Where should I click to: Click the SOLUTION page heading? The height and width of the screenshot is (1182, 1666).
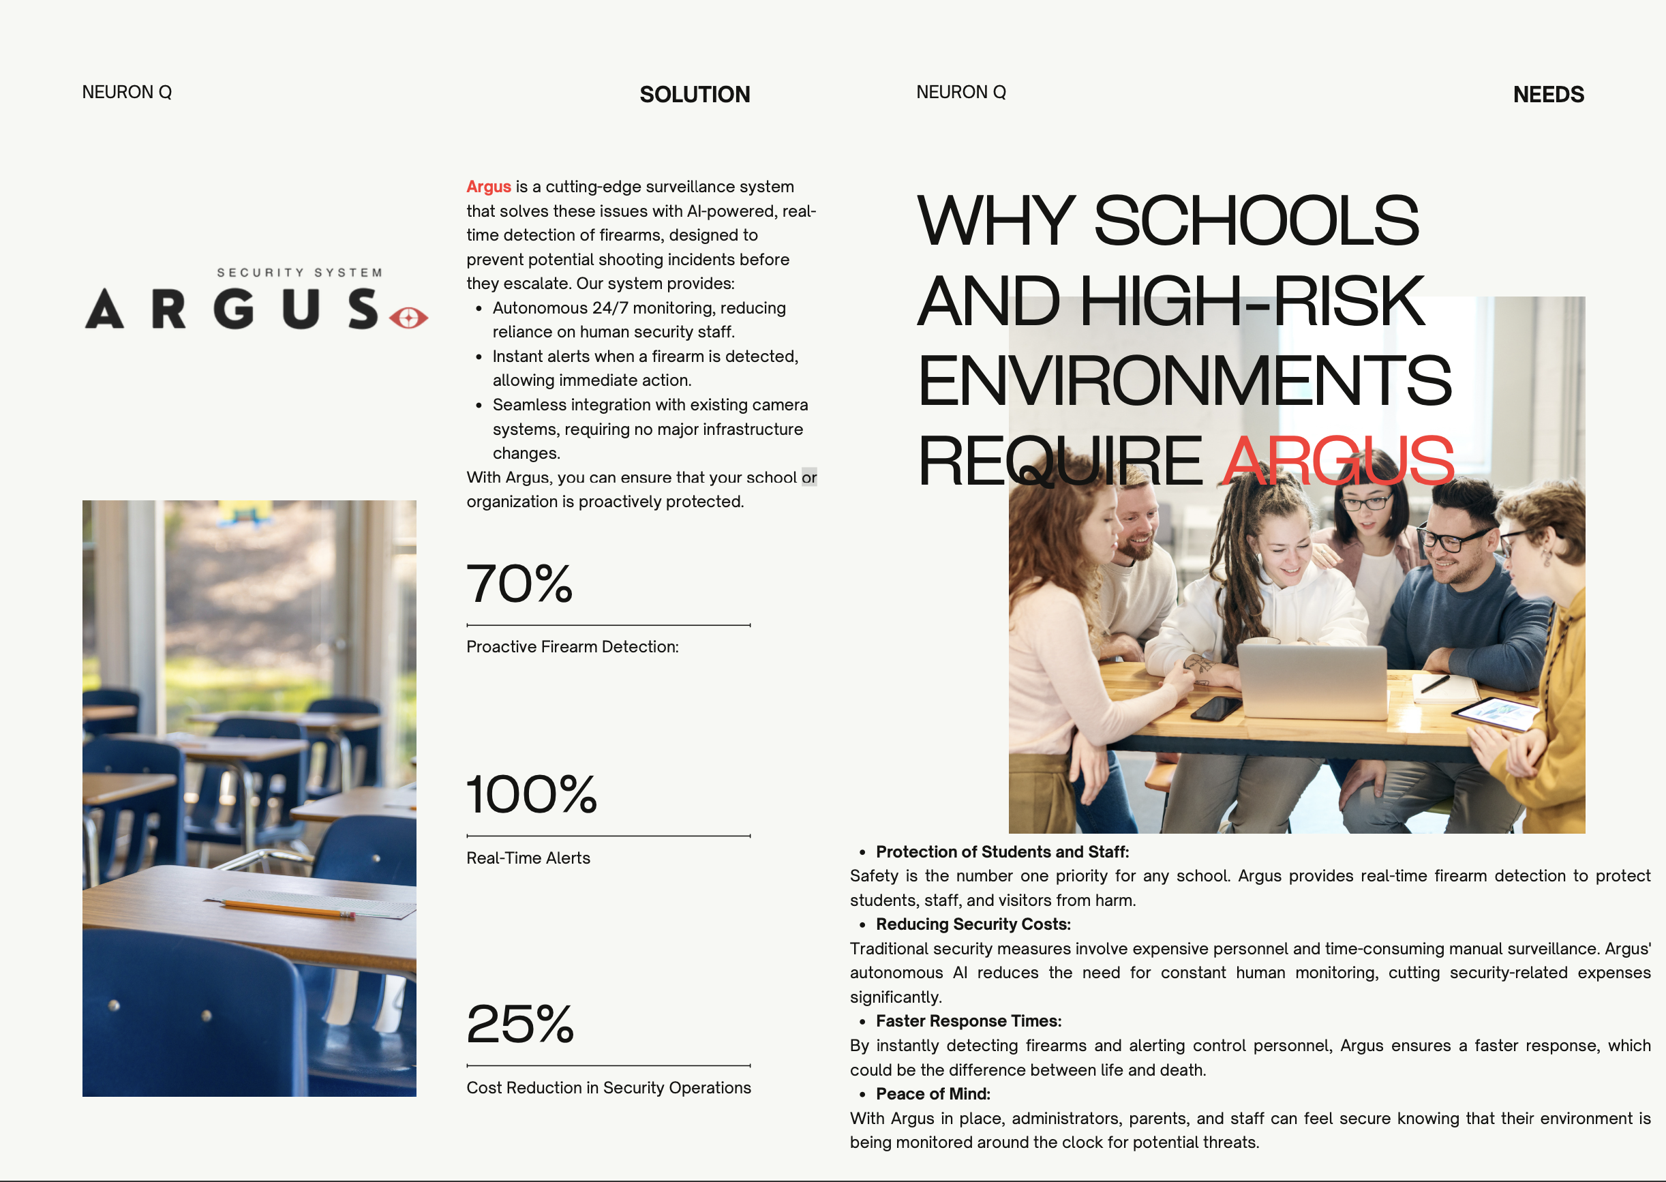[695, 95]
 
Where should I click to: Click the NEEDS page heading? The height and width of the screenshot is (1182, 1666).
[1547, 95]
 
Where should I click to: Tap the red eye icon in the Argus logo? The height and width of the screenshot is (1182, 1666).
[408, 318]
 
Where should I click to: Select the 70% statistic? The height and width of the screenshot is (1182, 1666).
[519, 584]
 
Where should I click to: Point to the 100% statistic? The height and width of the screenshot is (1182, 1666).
[531, 794]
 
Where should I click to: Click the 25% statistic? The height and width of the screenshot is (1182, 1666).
[519, 1024]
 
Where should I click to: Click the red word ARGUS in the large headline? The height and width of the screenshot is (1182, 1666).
[1337, 461]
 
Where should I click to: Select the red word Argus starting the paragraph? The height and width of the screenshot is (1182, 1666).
[488, 187]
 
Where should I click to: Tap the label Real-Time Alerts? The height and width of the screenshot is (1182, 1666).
[528, 858]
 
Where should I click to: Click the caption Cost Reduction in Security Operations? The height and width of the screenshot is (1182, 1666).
[609, 1087]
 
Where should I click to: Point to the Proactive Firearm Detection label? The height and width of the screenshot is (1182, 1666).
[572, 647]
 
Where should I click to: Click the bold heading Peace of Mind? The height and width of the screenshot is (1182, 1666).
[933, 1094]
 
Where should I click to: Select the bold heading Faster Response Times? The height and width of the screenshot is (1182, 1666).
[968, 1021]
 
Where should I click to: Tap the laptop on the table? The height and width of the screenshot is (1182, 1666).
[1312, 680]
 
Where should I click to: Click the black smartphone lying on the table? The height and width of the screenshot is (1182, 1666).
[1215, 708]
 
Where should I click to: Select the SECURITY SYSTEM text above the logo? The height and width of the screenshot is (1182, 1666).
[299, 273]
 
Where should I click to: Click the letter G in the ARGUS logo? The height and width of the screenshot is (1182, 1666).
[234, 309]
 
